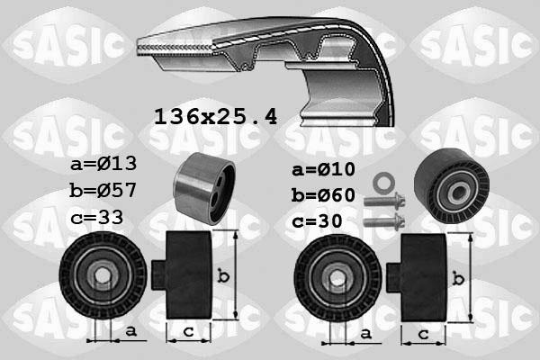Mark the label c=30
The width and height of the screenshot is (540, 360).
317,221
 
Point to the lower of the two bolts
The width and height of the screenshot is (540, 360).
382,219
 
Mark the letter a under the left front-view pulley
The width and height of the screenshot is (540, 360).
131,332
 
